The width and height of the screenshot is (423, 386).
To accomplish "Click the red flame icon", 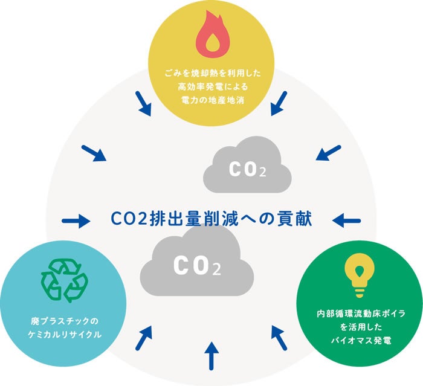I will click(x=212, y=37).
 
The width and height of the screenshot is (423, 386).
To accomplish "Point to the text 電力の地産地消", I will click(x=212, y=98).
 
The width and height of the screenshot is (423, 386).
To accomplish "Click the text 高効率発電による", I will click(x=212, y=86).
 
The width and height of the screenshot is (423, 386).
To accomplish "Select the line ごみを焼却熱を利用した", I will click(x=212, y=73).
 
